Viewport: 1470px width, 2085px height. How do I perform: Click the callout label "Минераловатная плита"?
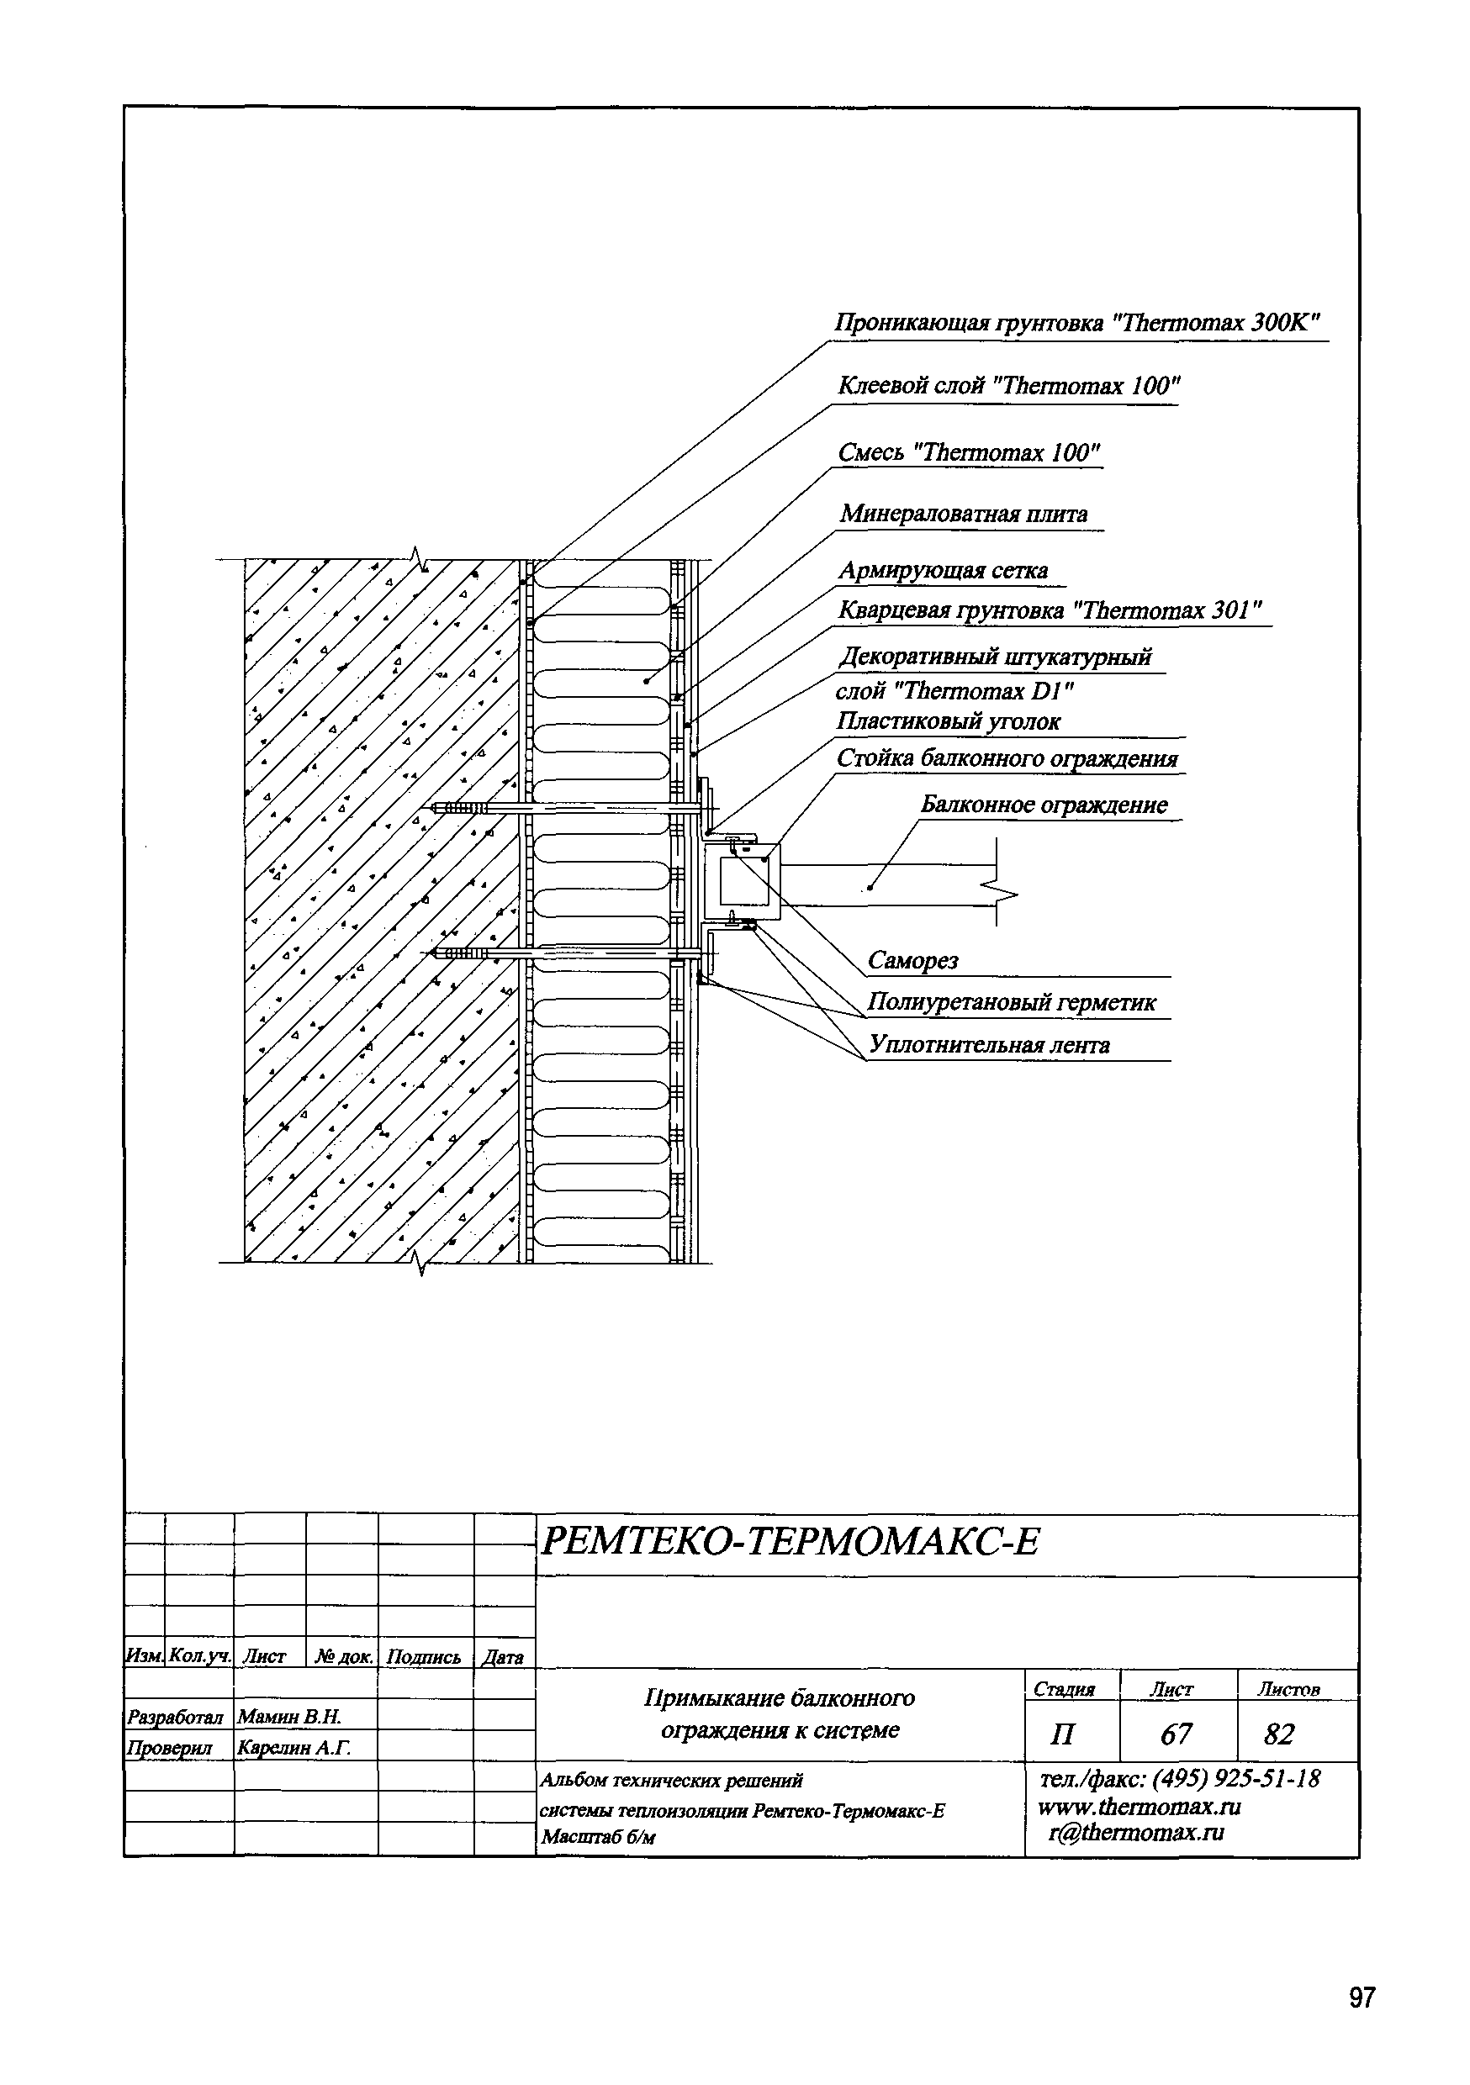click(x=963, y=514)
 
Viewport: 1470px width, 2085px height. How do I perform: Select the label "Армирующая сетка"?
click(x=942, y=570)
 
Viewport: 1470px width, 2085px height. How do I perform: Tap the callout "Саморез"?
click(x=912, y=961)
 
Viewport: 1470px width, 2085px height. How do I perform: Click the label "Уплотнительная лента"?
click(x=989, y=1045)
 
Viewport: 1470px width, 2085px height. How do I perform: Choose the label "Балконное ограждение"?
click(x=1044, y=805)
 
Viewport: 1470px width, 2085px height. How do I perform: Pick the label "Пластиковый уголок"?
click(x=948, y=722)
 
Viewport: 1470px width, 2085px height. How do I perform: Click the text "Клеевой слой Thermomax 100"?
click(x=1007, y=387)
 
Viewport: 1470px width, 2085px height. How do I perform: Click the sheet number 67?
click(x=1176, y=1735)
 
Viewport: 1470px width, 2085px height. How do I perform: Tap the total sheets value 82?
click(x=1278, y=1735)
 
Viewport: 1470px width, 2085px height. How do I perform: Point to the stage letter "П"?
click(x=1061, y=1735)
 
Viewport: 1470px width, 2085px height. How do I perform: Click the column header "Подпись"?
click(x=423, y=1657)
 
